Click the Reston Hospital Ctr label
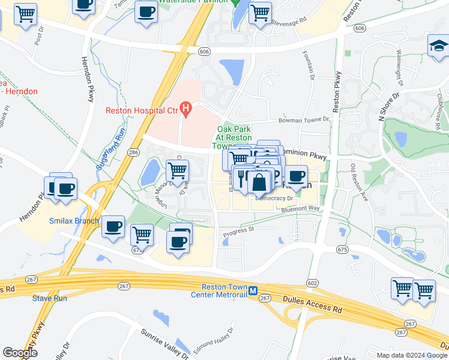pyautogui.click(x=142, y=110)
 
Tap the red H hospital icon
pyautogui.click(x=186, y=110)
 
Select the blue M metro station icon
pyautogui.click(x=253, y=290)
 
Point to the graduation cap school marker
pyautogui.click(x=438, y=45)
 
